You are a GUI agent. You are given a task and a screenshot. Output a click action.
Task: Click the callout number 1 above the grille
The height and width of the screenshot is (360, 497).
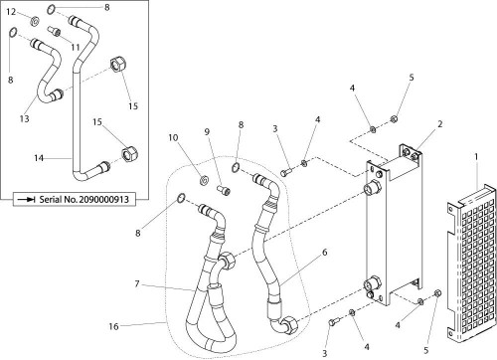[476, 157]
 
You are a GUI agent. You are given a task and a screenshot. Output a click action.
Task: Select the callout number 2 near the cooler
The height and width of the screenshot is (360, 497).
[439, 124]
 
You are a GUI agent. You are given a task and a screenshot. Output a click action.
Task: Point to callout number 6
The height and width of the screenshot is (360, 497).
[324, 253]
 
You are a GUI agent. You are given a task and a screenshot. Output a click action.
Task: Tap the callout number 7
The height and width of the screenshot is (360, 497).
[137, 284]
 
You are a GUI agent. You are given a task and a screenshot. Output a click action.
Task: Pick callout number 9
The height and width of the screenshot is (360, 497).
[207, 132]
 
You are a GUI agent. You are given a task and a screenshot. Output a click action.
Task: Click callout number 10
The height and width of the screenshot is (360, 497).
[173, 137]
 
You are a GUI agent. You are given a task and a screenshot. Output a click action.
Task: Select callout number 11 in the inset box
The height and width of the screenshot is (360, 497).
[76, 47]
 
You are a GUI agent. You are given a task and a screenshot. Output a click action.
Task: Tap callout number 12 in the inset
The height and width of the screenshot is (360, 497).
[11, 12]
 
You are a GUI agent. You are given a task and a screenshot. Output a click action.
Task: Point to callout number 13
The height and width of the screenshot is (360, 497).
[24, 118]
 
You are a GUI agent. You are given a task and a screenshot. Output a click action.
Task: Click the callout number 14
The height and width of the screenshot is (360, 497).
[39, 158]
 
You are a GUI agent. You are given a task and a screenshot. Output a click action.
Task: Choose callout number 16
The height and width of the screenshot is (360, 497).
[113, 326]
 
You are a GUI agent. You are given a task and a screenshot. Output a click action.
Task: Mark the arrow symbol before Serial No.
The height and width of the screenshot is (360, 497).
[26, 199]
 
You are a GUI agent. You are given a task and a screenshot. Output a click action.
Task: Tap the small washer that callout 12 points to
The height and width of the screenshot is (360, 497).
[34, 22]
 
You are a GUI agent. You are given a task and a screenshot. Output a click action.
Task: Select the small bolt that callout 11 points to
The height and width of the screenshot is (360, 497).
[55, 32]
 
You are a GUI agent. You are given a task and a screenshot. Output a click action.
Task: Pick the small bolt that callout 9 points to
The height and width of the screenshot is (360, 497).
[223, 190]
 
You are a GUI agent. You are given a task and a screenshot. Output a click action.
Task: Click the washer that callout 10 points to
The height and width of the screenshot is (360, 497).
[205, 180]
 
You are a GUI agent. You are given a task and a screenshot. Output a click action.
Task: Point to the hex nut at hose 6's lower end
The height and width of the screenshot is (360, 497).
[287, 322]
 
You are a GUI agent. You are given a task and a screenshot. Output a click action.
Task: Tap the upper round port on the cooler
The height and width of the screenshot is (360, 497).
[371, 188]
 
